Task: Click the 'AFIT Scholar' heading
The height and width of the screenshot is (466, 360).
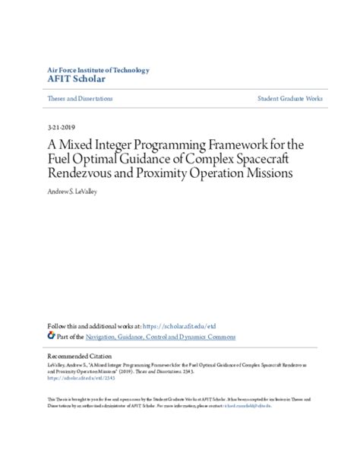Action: coord(76,79)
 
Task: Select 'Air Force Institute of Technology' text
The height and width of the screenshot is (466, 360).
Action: coord(98,70)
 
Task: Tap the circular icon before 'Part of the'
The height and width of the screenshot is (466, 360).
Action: coord(51,336)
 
